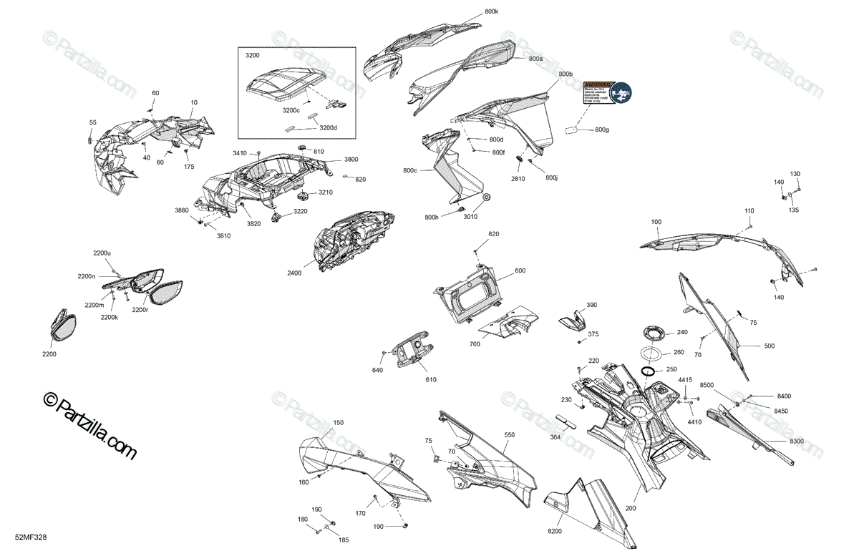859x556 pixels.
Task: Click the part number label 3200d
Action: click(327, 128)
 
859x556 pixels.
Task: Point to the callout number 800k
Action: click(492, 12)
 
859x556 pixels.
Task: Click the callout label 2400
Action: click(294, 273)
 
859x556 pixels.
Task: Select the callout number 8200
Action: click(555, 532)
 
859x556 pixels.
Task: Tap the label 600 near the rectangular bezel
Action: click(520, 270)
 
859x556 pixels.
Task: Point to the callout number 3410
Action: click(239, 153)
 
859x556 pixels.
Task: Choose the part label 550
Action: click(510, 435)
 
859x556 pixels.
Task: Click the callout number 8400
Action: click(785, 396)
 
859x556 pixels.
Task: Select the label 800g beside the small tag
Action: click(602, 130)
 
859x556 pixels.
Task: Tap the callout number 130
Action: click(795, 174)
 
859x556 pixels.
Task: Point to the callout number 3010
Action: click(470, 216)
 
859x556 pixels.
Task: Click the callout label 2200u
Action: click(102, 253)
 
